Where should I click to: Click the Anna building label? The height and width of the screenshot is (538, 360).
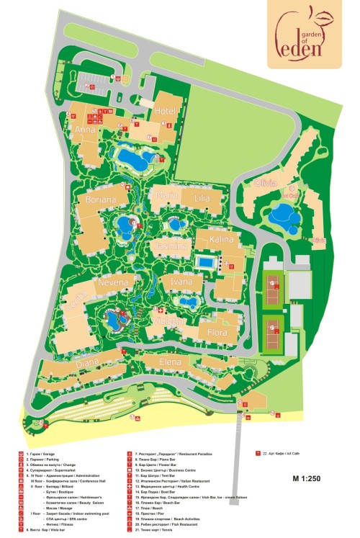(85, 130)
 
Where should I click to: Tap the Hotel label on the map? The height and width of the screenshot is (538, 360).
(165, 110)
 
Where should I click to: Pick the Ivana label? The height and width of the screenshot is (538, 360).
(182, 282)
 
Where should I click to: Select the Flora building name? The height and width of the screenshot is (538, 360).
(217, 333)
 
